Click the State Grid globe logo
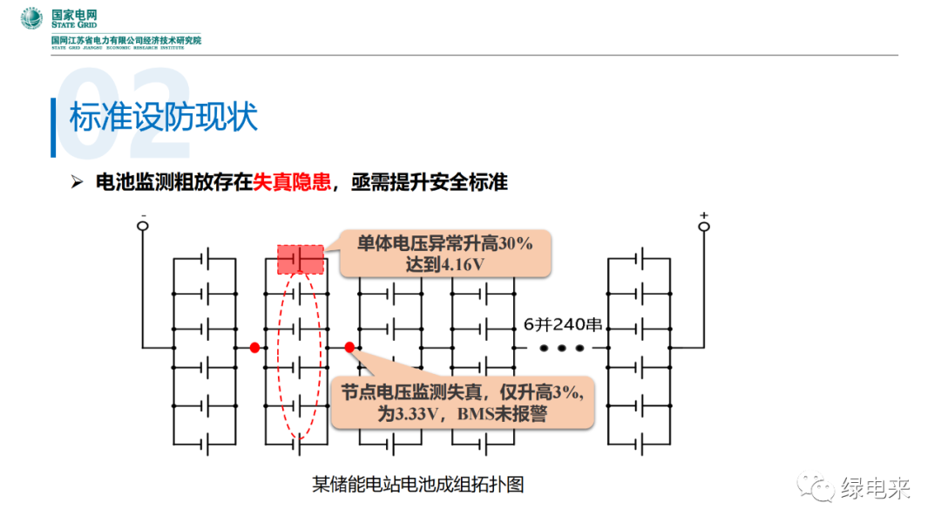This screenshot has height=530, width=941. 32,18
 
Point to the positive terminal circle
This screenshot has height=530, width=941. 704,227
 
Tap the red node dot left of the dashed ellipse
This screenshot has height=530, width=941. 254,348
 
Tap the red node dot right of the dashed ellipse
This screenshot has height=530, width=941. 349,348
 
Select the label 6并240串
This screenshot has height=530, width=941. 563,324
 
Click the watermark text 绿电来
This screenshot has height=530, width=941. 876,488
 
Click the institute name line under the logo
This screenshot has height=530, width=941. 126,40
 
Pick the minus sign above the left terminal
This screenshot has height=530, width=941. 143,214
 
